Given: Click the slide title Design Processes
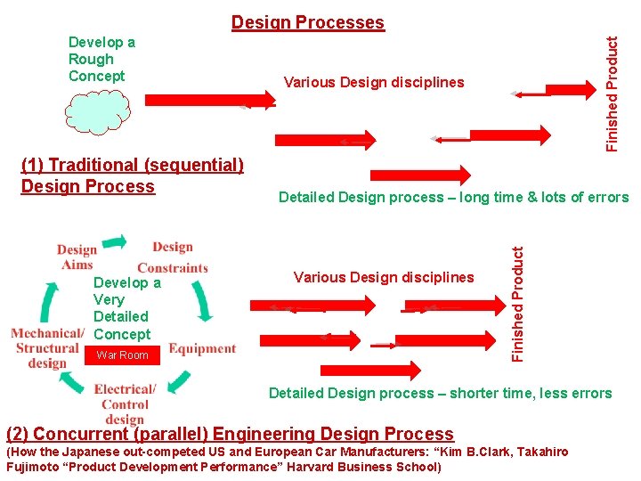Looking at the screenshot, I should click(x=308, y=22).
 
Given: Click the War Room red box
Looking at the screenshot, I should click(x=122, y=355).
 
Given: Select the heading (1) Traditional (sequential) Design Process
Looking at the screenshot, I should click(x=132, y=175).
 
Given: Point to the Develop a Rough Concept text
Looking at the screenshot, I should click(x=101, y=59).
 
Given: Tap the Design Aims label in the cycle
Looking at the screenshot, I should click(x=77, y=257).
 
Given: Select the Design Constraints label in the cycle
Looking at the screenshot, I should click(x=173, y=257).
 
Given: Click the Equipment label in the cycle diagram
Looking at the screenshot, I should click(x=202, y=348).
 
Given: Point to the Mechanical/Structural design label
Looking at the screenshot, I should click(x=47, y=348).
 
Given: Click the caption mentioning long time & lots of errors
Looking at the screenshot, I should click(x=453, y=198).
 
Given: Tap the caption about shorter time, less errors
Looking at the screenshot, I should click(x=440, y=393).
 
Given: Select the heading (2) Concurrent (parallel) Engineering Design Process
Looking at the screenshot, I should click(x=230, y=434).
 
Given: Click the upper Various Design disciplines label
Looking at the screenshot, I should click(x=374, y=83).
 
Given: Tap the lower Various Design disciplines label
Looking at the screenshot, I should click(x=384, y=277).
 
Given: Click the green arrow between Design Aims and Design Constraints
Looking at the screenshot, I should click(x=114, y=241).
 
